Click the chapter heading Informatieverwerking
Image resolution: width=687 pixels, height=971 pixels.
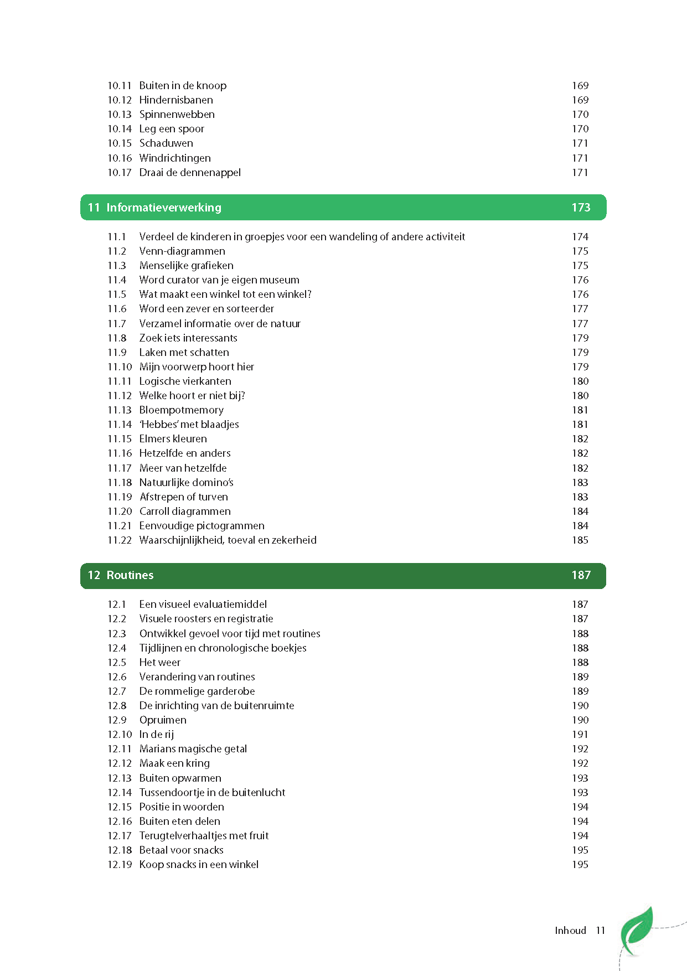coord(164,208)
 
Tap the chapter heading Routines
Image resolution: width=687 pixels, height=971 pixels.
coord(130,575)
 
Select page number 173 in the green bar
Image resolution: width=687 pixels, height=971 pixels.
coord(581,208)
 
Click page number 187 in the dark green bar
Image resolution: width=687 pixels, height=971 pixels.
coord(581,575)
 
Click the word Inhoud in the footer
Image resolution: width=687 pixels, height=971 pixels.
coord(570,931)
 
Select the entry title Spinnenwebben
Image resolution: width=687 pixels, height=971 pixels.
coord(177,115)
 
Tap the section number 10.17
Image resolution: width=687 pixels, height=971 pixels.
coord(120,173)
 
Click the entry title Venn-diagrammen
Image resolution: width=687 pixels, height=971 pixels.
coord(182,251)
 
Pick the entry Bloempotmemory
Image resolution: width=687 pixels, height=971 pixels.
coord(182,410)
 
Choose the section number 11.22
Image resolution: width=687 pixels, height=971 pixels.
coord(120,540)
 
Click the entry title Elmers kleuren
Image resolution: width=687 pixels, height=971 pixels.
coord(173,439)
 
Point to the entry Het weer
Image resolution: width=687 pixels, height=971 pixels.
coord(160,663)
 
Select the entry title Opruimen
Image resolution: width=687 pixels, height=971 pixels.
coord(163,720)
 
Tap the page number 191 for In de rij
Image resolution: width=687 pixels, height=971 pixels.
coord(580,735)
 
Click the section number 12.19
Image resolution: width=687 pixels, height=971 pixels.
coord(120,865)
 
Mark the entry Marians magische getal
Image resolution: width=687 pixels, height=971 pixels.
coord(193,749)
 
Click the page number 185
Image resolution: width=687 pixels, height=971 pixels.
coord(580,540)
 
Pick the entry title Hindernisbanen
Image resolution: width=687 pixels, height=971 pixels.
coord(176,100)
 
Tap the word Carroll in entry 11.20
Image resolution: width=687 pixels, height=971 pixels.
coord(154,512)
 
